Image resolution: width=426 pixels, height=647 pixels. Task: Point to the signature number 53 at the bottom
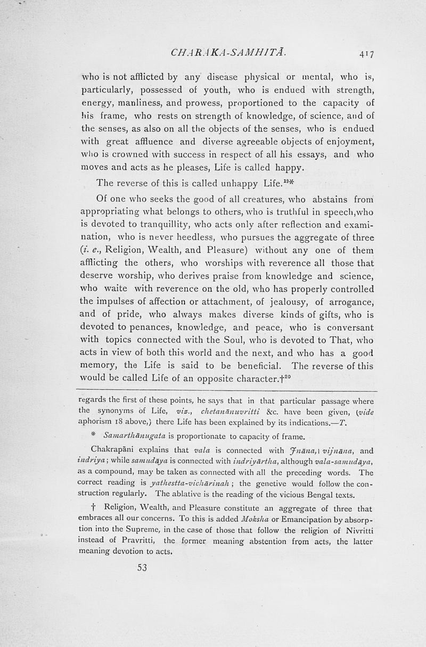(142, 568)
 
